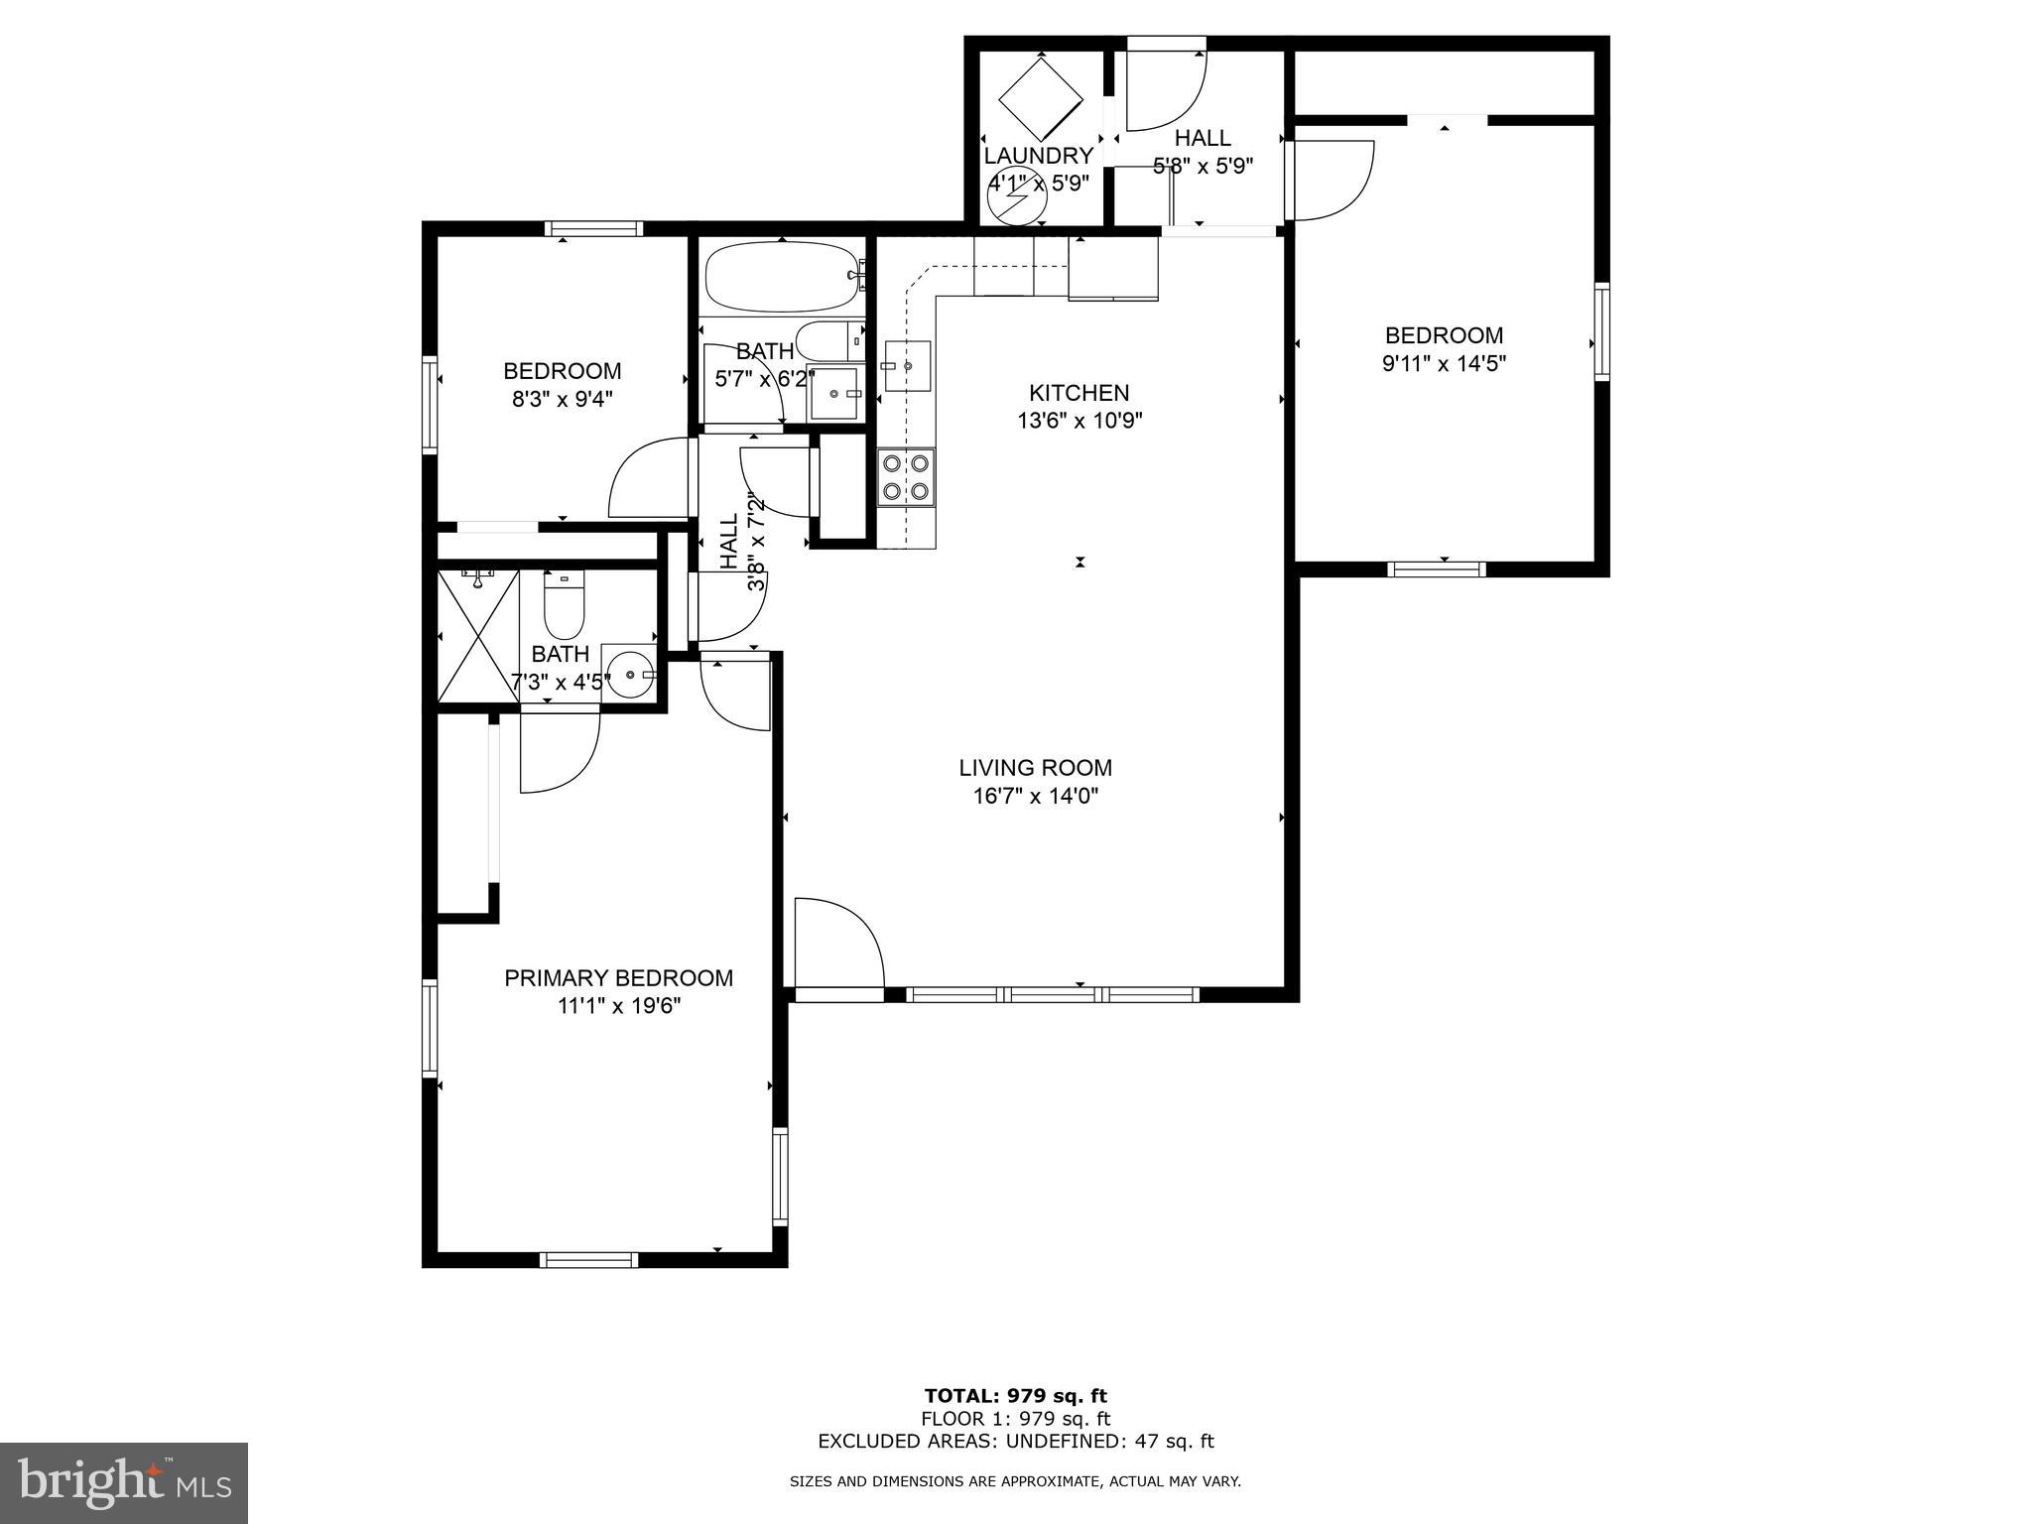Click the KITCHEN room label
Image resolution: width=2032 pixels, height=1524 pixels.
(1079, 393)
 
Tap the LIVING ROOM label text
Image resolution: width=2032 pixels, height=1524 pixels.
(1035, 768)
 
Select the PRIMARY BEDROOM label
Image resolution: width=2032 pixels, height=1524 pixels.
(618, 978)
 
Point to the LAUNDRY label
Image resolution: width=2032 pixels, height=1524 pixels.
(1038, 156)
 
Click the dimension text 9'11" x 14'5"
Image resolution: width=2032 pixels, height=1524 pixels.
(1444, 364)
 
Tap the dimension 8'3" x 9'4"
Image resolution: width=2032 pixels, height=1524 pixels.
(562, 399)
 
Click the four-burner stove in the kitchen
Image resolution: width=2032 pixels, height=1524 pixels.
(906, 477)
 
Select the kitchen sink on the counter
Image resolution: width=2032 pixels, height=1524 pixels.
(907, 366)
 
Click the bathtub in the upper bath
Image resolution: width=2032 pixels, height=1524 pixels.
(781, 276)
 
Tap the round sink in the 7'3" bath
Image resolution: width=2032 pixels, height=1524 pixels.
(631, 674)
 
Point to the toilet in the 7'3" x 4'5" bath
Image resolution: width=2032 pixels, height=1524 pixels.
(564, 606)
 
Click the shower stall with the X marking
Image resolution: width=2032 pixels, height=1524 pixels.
(478, 635)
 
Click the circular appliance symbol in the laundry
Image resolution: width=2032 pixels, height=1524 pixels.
(1017, 201)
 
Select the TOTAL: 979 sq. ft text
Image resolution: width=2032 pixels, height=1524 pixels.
(1015, 1396)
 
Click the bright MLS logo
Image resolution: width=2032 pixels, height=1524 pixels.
(124, 1482)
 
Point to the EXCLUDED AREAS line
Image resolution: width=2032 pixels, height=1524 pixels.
(1015, 1442)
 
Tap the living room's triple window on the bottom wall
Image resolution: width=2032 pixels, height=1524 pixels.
(1053, 994)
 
